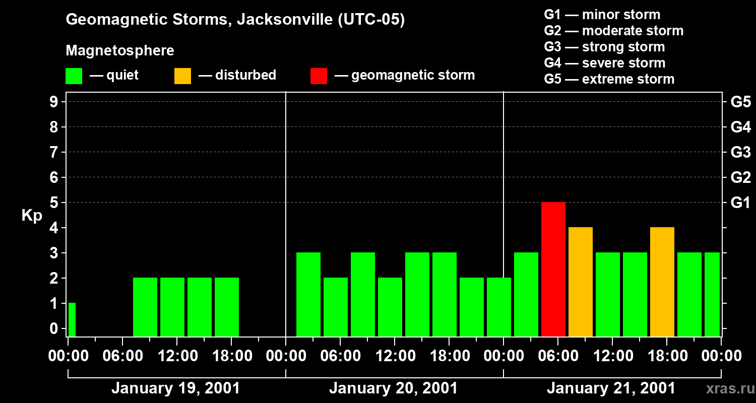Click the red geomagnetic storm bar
553,269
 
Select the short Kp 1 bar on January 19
72,319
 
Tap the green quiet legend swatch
74,76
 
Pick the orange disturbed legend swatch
182,76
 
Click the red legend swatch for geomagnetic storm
319,76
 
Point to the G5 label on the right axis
740,102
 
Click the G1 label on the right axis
740,203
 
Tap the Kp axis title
32,216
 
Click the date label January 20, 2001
394,388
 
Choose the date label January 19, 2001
175,388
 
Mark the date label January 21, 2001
611,388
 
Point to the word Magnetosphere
120,51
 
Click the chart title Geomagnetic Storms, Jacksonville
235,20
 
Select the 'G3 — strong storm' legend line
604,47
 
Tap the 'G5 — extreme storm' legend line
609,79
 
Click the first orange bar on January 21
580,282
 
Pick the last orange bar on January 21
662,282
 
